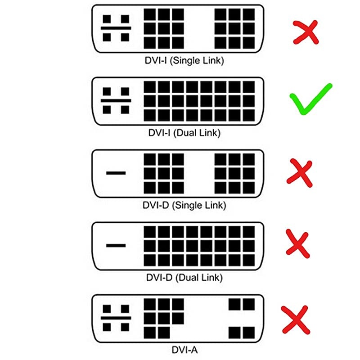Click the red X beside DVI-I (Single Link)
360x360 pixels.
(306, 32)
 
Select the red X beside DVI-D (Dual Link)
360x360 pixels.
(298, 244)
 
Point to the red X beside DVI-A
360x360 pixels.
(296, 319)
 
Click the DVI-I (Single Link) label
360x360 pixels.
(184, 61)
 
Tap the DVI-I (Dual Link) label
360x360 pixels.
(184, 133)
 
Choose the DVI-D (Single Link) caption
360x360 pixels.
(184, 205)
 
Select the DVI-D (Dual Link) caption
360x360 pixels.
(184, 278)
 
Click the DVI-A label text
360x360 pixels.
(184, 350)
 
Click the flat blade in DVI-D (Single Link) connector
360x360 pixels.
(116, 173)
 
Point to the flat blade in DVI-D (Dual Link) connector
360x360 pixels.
(116, 245)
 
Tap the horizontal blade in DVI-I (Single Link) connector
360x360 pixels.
(116, 28)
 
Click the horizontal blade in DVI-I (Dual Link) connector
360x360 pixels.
(116, 100)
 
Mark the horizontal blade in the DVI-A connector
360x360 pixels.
(116, 318)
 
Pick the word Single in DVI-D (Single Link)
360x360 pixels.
(189, 206)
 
